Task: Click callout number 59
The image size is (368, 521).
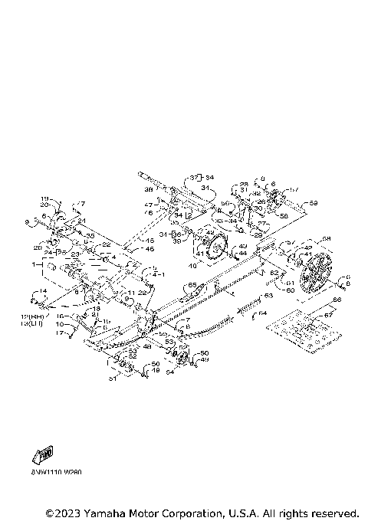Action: click(x=313, y=204)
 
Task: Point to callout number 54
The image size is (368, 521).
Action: click(x=170, y=372)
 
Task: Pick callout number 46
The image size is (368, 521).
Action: click(x=150, y=249)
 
